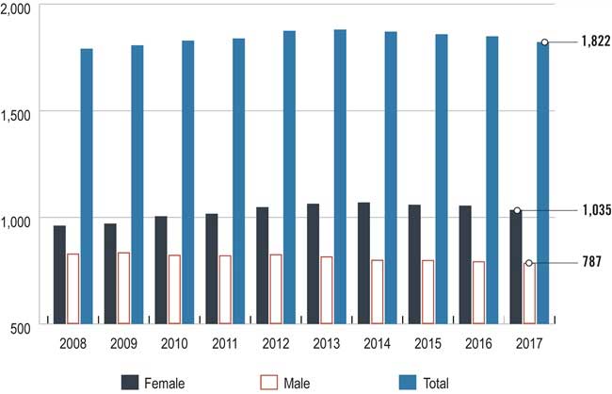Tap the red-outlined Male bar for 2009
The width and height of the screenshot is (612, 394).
123,287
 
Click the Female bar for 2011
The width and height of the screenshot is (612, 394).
212,268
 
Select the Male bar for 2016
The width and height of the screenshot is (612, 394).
478,291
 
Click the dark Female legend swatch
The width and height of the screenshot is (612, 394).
130,382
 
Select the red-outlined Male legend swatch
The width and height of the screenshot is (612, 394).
267,382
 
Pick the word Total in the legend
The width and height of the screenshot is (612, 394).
436,383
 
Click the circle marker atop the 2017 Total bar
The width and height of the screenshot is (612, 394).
544,42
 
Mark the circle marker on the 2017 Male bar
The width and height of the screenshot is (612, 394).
528,263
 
